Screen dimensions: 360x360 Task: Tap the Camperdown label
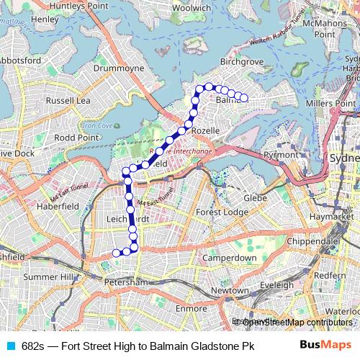[229, 257]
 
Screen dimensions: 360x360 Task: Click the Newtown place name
[230, 290]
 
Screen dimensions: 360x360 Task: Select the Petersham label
[125, 283]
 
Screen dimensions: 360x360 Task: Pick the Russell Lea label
[68, 101]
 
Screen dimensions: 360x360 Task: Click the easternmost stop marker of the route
[243, 98]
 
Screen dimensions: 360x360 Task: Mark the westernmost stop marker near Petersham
[116, 253]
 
